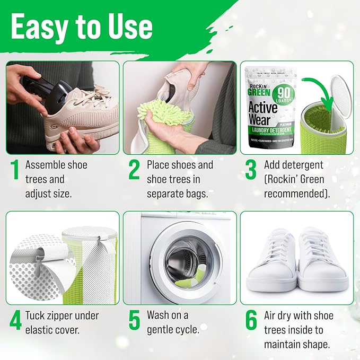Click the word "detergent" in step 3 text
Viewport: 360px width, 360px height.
tap(303, 165)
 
